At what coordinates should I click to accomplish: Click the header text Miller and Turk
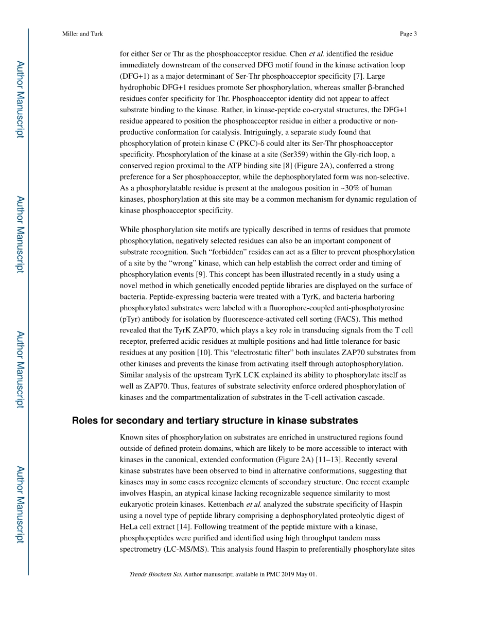[82, 34]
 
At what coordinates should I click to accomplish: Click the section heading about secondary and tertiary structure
[215, 420]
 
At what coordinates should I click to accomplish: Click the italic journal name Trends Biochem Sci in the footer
[155, 574]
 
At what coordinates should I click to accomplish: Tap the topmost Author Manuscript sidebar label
[20, 99]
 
